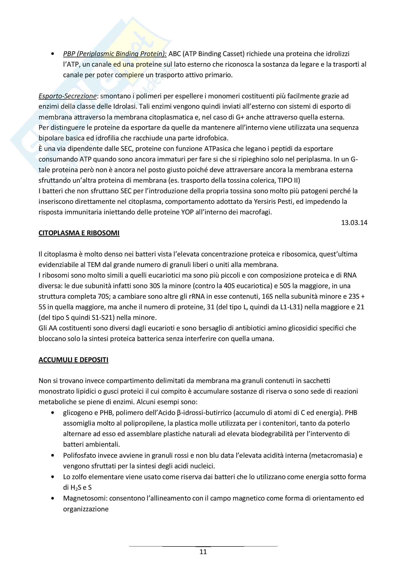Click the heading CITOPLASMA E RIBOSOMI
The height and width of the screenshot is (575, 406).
[79, 233]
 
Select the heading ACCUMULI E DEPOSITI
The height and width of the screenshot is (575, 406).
[73, 360]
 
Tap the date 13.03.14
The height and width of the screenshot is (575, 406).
[354, 222]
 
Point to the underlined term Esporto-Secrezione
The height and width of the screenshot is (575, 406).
[68, 96]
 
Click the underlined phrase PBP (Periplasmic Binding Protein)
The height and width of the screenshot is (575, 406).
[115, 54]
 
